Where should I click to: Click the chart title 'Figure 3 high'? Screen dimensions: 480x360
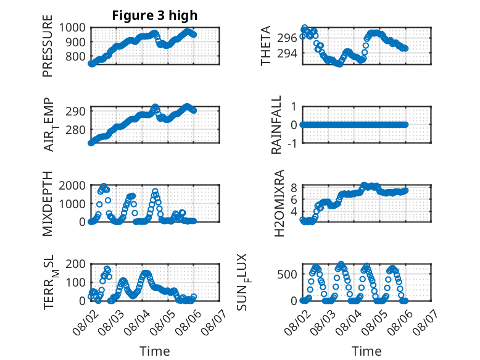155,15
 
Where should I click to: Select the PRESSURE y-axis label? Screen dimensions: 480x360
48,46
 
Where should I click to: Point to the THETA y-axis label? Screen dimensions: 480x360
266,46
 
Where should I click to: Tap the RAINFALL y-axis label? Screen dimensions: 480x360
276,125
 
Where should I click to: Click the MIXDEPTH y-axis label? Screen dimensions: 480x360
48,204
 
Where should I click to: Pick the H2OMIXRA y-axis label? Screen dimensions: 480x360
279,203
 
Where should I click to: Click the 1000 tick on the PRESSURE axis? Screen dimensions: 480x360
72,28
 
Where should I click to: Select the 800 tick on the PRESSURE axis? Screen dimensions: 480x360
75,56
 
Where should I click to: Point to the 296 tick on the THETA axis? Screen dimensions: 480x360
287,38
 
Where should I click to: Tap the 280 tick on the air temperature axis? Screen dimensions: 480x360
75,130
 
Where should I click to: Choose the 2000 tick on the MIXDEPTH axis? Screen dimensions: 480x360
72,185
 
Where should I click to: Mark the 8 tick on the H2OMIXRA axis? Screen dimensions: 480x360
294,188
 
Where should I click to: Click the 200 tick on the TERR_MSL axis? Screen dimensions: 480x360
75,264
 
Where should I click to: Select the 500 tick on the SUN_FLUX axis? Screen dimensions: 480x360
287,274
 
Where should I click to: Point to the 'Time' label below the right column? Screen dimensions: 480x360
366,351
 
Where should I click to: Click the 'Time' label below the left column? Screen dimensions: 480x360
155,351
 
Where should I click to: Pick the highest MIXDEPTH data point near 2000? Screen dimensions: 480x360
104,186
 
